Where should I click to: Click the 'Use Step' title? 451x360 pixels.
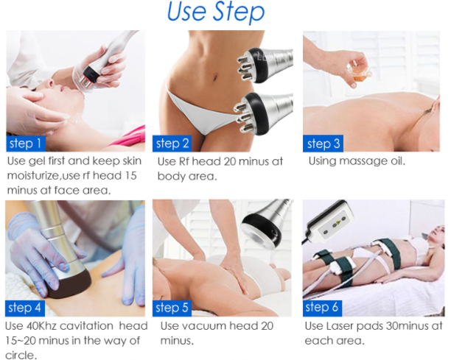216,12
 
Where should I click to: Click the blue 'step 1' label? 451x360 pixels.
26,144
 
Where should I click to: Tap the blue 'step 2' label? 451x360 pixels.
172,144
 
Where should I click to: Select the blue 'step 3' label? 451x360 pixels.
323,144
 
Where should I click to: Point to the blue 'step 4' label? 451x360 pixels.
25,308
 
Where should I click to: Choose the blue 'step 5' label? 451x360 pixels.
172,308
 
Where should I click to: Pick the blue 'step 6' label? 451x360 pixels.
322,308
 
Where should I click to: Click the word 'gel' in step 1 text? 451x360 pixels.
37,161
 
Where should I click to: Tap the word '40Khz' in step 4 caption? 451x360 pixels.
42,326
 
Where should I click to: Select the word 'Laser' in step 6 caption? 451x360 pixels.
340,326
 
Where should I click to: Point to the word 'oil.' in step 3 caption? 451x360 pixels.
398,161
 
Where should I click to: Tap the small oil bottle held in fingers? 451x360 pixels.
358,73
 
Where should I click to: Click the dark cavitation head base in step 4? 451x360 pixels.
70,284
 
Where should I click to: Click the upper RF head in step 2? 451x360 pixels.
264,66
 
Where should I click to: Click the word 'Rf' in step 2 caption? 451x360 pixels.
183,161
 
